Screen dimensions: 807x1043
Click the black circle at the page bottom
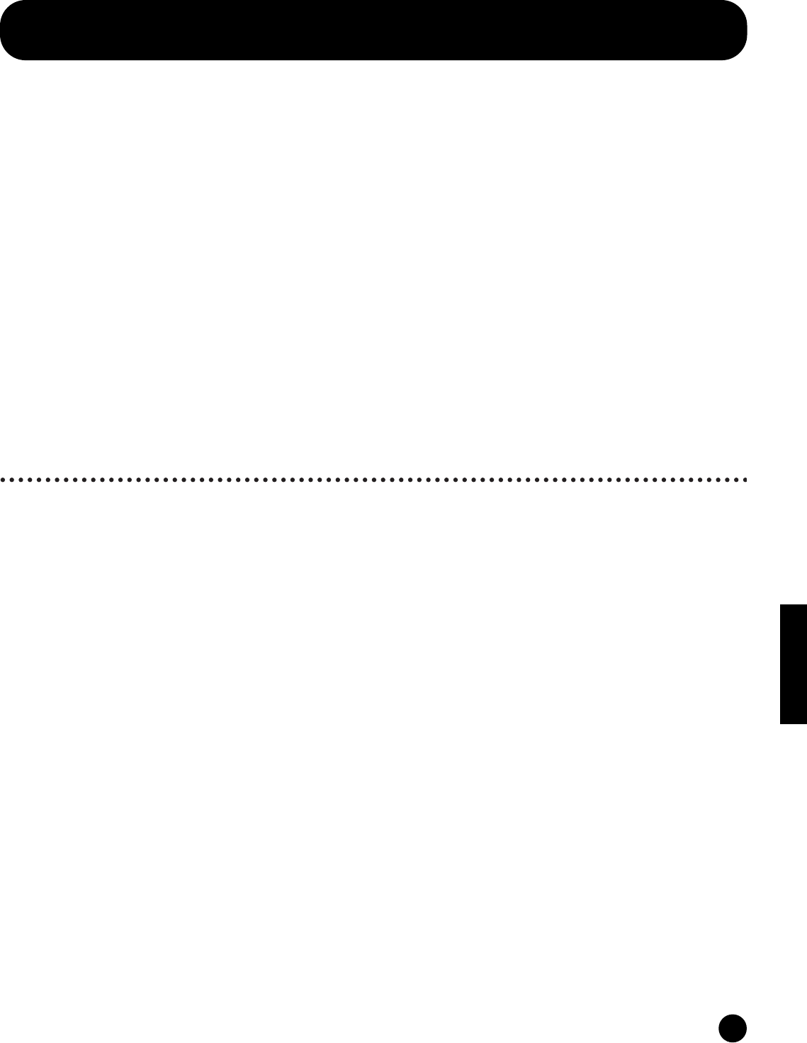733,1027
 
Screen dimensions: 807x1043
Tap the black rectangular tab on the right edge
794,664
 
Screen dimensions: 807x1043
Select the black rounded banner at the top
374,30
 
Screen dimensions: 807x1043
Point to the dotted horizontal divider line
374,480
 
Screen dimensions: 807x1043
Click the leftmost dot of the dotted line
4,480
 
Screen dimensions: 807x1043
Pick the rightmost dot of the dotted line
745,480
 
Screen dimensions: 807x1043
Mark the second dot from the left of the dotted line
12,480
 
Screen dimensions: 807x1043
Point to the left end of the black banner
2,30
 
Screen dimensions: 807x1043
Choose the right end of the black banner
747,30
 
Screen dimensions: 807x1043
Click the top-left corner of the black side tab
781,605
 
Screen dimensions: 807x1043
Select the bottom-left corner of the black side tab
781,723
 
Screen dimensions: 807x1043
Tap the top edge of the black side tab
794,605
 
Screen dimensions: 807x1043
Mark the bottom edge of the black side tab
794,723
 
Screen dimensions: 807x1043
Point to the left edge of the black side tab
781,664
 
